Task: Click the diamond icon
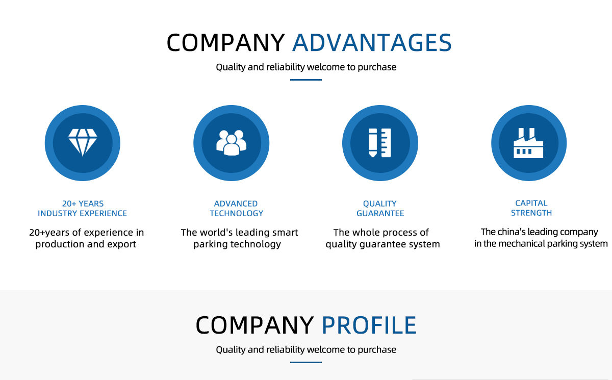pos(83,142)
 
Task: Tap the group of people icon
pos(231,142)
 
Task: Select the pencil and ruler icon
pos(380,142)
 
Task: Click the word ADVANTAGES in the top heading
pos(372,43)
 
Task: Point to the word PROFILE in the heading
pos(369,325)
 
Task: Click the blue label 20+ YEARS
pos(83,204)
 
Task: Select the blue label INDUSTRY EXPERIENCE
pos(83,213)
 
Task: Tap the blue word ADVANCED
pos(236,204)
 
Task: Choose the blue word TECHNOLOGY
pos(236,213)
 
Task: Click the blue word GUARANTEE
pos(380,213)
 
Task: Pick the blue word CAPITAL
pos(531,203)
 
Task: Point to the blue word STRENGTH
pos(531,213)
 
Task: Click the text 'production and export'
pos(86,244)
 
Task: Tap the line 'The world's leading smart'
pos(239,233)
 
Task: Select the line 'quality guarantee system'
pos(382,244)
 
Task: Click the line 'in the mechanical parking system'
pos(541,244)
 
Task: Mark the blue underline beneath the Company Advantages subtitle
pos(306,80)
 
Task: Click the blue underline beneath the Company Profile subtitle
pos(306,362)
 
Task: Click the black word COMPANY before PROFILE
pos(254,325)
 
